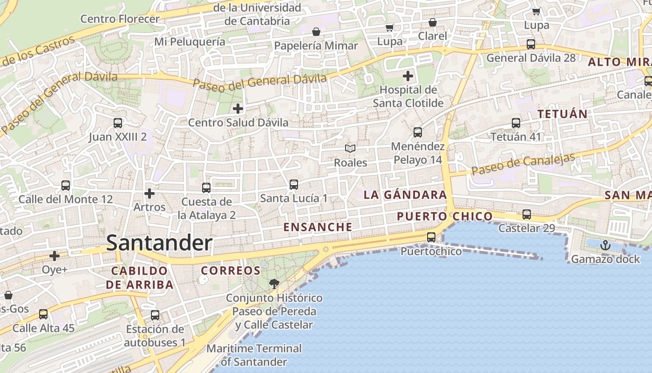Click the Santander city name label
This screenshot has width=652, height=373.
coord(159,243)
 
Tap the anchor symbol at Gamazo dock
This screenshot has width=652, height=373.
coord(605,245)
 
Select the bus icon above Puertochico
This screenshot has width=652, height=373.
coord(431,237)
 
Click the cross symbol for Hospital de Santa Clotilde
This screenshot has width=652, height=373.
coord(408,76)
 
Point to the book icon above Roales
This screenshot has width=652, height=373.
coord(350,148)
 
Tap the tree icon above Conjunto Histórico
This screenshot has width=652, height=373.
coord(274,283)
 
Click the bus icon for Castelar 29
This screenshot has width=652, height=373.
coord(527,214)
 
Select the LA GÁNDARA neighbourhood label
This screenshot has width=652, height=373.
coord(405,195)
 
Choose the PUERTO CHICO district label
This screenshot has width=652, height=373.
coord(445,216)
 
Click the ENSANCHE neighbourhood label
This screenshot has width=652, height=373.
coord(318,227)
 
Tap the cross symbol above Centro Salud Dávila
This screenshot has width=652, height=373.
coord(238,109)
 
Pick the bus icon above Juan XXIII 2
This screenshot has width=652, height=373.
coord(118,123)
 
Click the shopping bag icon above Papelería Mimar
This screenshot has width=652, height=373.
coord(316,32)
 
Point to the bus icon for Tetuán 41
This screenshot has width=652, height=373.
coord(516,123)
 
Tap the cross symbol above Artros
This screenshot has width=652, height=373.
coord(149,193)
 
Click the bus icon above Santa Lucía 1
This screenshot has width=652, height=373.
coord(294,185)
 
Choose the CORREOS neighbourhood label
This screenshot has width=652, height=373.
coord(231,270)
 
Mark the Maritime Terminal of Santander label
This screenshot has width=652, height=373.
coord(254,355)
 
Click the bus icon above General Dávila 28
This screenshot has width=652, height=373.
coord(531,44)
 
